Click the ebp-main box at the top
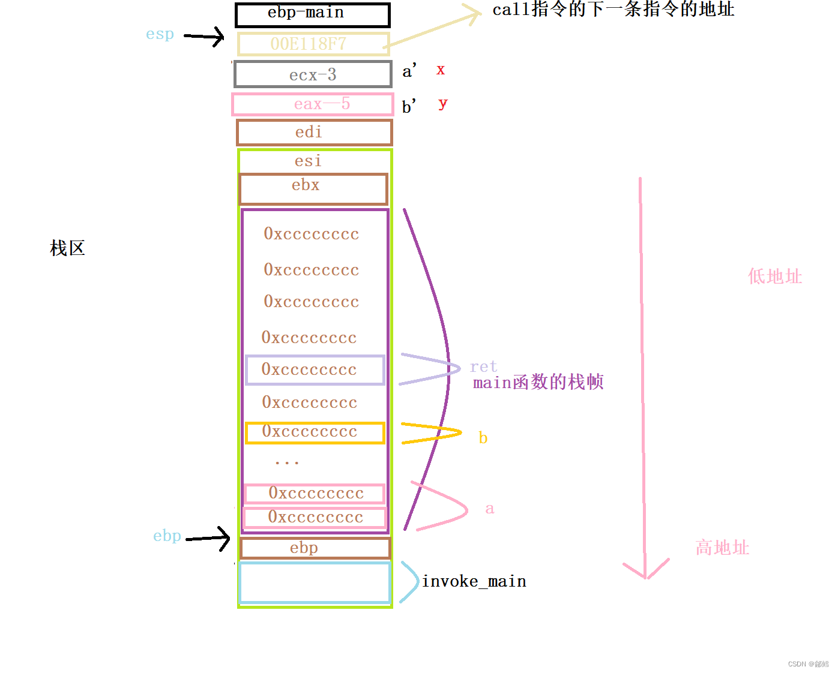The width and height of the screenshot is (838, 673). tap(312, 15)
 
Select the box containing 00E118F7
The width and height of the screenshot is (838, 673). tap(312, 44)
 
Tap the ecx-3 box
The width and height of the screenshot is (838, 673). tap(313, 74)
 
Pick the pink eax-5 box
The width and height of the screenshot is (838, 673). tap(313, 104)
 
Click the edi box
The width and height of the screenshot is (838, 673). tap(314, 133)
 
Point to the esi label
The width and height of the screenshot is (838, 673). tap(308, 161)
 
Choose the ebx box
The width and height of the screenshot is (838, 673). tap(313, 189)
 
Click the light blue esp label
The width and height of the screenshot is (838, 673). tap(160, 34)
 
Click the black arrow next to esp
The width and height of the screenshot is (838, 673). tap(203, 37)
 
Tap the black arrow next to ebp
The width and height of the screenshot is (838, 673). tap(208, 538)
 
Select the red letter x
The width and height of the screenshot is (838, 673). tap(441, 70)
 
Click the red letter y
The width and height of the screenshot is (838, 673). tap(442, 103)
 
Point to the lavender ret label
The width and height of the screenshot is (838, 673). tap(483, 366)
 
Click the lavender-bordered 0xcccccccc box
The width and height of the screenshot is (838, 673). tap(315, 370)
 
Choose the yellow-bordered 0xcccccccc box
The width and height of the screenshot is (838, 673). tap(315, 432)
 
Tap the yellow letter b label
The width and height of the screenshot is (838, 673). tap(483, 438)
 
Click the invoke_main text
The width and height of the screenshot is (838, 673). tap(474, 581)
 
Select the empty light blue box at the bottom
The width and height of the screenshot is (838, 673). tap(315, 582)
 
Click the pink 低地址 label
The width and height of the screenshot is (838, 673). tap(774, 277)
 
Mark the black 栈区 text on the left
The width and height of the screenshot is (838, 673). tap(67, 248)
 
